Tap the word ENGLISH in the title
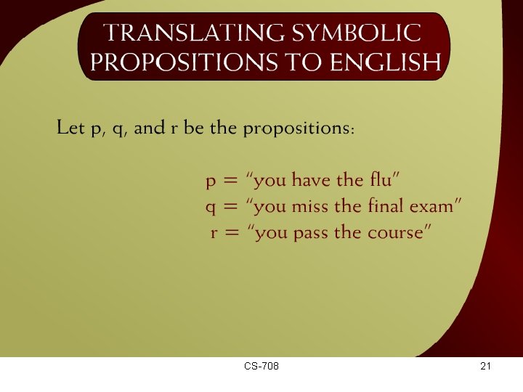(385, 63)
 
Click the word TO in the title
(302, 63)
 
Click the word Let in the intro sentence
(71, 128)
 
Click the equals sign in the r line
(232, 233)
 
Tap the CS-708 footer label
(261, 367)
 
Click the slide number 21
(486, 367)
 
